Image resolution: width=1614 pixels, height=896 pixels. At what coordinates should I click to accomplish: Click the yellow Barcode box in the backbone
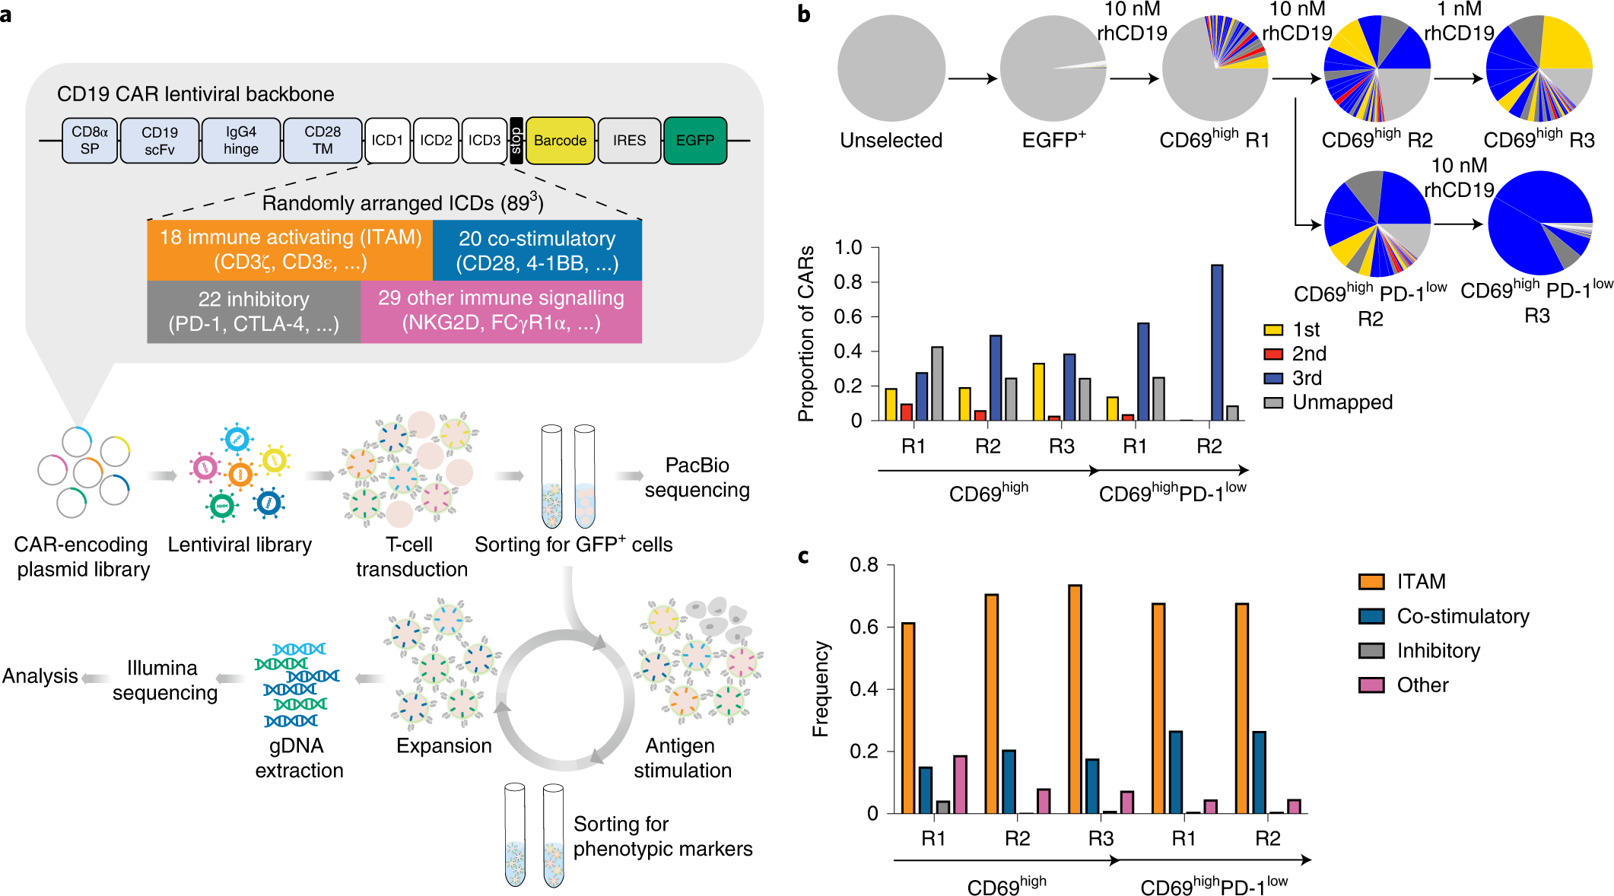point(560,141)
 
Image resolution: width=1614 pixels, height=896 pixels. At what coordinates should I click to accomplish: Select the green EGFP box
point(694,141)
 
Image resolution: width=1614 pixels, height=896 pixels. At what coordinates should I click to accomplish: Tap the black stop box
point(516,141)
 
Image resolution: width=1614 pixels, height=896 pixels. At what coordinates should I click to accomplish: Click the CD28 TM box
point(322,141)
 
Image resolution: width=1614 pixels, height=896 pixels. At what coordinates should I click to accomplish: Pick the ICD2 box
point(436,141)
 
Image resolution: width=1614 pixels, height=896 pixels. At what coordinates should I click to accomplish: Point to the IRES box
point(629,141)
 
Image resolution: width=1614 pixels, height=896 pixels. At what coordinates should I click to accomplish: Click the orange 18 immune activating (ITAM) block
point(290,249)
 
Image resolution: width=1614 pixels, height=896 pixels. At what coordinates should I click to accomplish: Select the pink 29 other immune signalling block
point(500,310)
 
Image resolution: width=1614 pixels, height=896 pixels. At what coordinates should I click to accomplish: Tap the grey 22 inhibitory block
point(253,311)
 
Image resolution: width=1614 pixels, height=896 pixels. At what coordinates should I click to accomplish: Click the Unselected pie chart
point(891,68)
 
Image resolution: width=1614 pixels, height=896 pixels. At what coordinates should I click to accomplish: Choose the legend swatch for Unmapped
point(1272,402)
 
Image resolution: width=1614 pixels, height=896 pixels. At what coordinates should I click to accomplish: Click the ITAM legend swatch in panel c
point(1371,582)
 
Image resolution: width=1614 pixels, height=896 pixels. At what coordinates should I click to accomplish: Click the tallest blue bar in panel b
point(1216,342)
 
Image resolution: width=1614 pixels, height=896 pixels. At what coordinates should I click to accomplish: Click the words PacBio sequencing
point(697,478)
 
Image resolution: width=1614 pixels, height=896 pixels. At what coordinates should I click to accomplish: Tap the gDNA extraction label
point(299,758)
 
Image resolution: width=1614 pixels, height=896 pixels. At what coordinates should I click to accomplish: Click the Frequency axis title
point(820,689)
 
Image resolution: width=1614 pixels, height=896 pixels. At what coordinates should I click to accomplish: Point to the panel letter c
point(803,556)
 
